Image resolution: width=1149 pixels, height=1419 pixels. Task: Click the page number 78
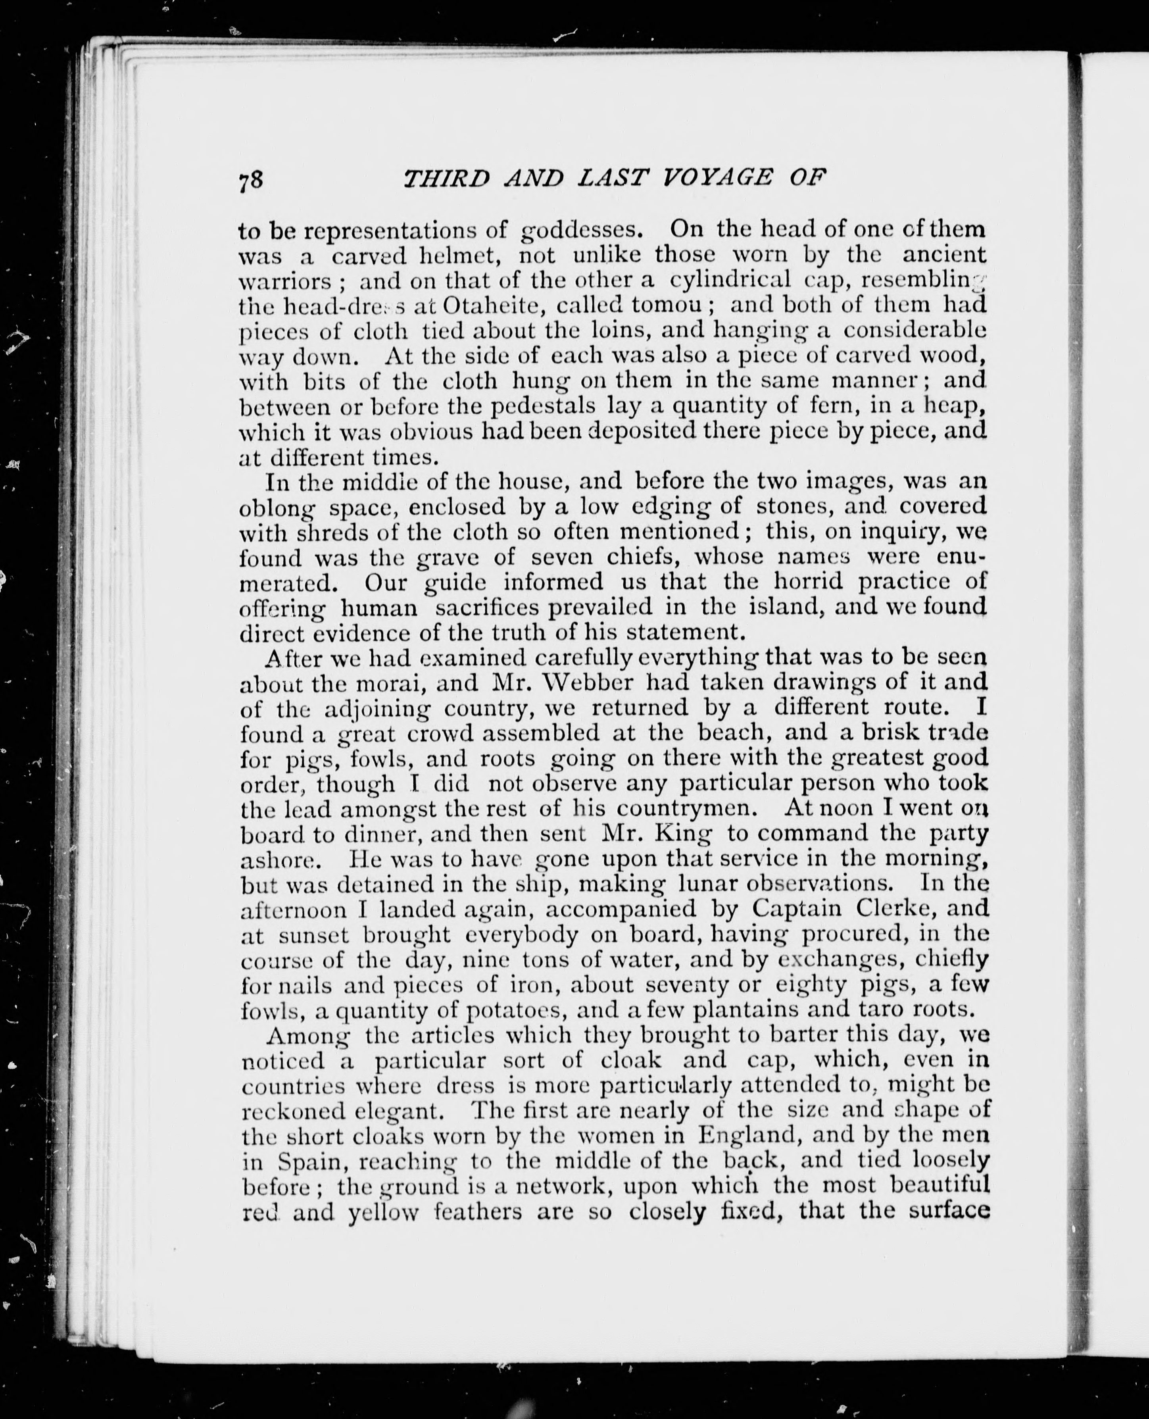[251, 181]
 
